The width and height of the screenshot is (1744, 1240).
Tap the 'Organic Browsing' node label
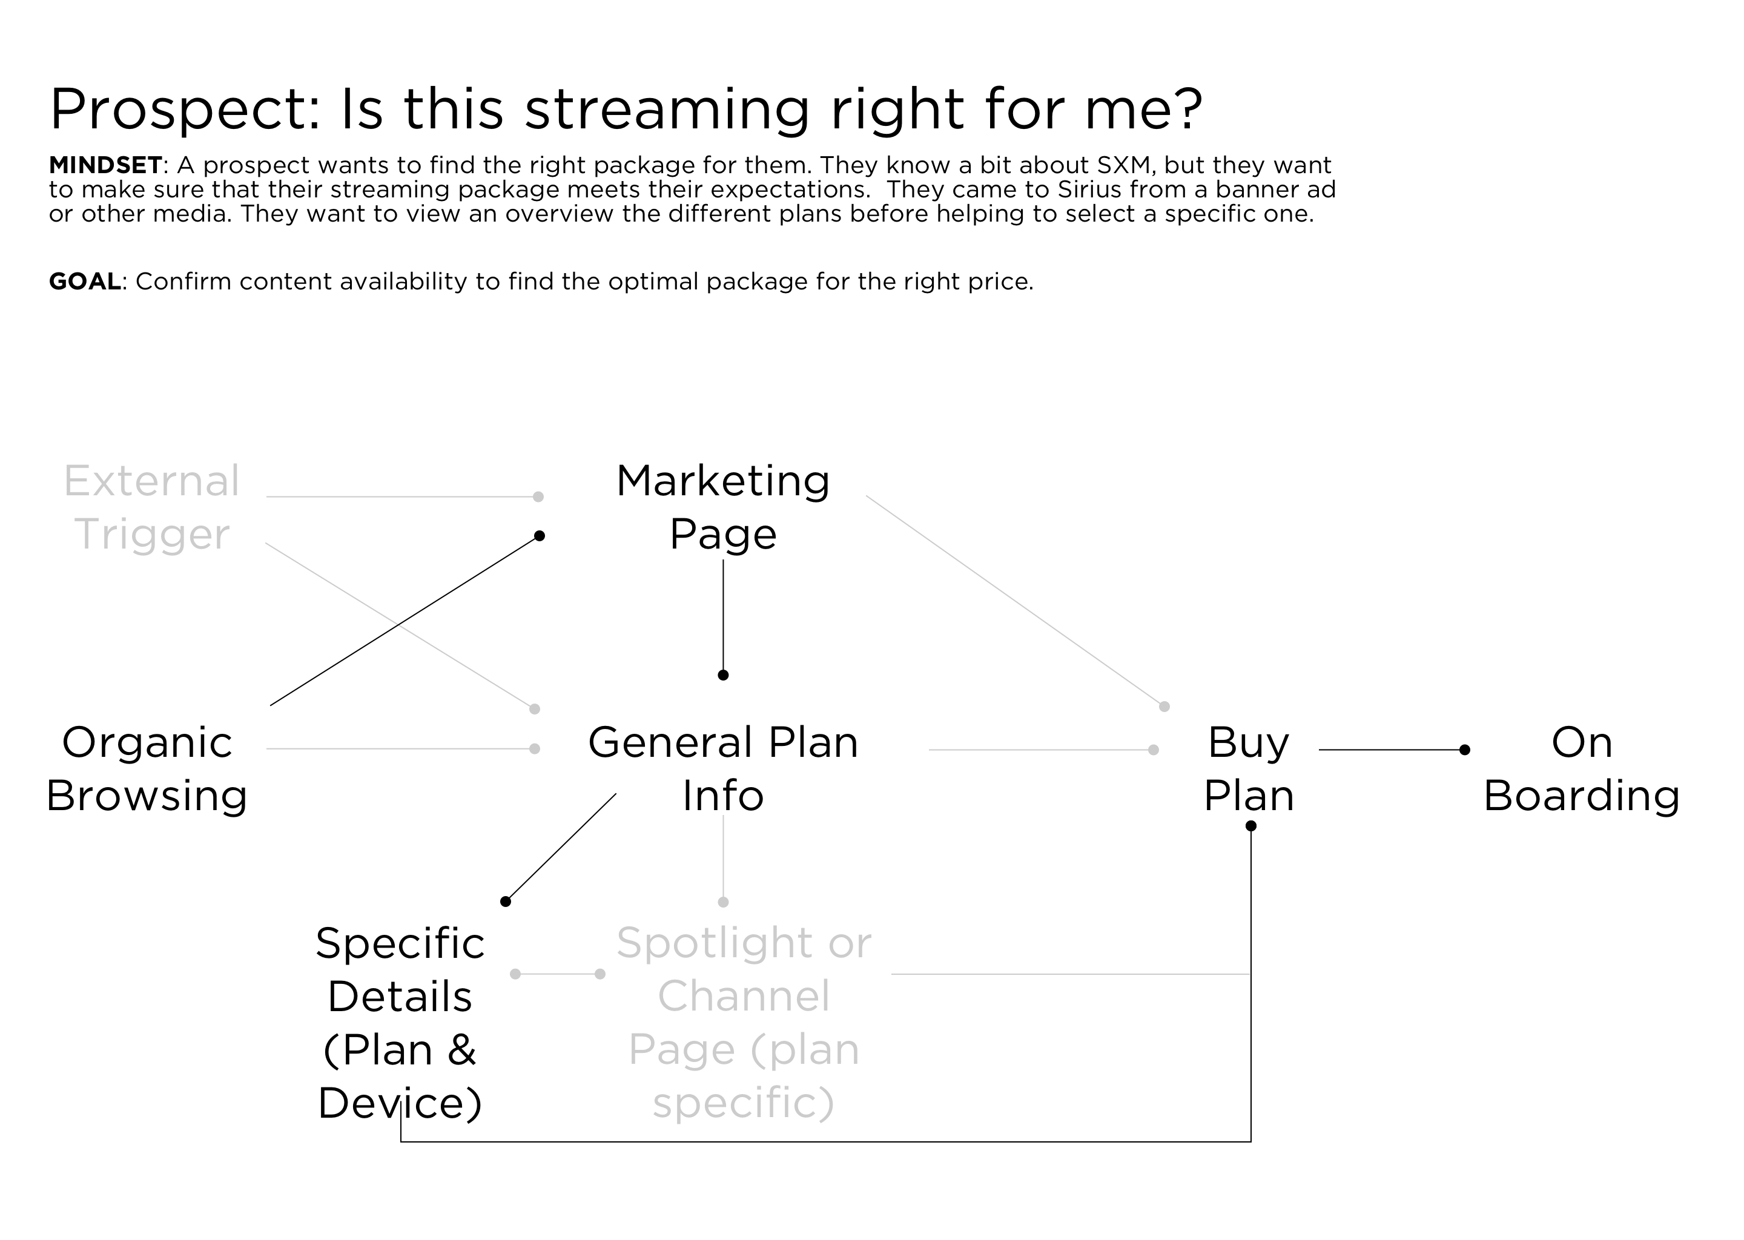(x=147, y=768)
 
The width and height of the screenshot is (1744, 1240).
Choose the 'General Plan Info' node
(x=722, y=768)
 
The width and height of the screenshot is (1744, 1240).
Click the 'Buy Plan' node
(x=1249, y=768)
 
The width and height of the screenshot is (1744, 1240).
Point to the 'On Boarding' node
(x=1581, y=768)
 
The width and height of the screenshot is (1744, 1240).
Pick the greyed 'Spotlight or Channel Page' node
(x=743, y=1023)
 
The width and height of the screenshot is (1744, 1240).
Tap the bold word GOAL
(x=85, y=282)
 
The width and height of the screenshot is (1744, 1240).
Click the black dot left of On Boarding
(x=1464, y=750)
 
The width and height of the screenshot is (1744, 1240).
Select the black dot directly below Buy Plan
(x=1250, y=825)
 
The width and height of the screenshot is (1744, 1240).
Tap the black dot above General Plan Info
(x=723, y=675)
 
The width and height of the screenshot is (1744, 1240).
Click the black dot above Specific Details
(x=504, y=902)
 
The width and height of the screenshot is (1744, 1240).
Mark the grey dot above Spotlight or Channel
(x=723, y=902)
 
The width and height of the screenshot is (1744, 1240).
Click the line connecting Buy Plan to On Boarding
(x=1390, y=750)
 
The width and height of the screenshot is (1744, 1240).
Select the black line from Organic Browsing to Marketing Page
(x=405, y=620)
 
